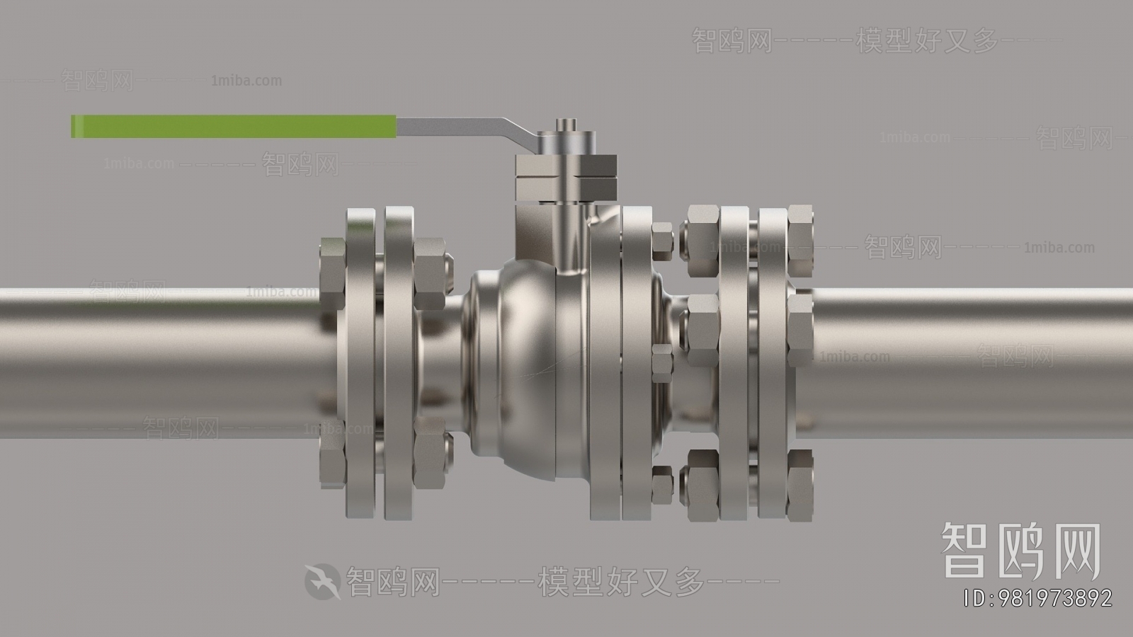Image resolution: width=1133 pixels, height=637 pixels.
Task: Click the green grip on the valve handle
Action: point(234,126)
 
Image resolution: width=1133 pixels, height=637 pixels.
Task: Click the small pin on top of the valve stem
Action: point(564,125)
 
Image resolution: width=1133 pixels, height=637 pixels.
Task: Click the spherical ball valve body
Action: point(510,368)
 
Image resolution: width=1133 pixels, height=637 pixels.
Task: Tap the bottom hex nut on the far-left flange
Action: point(333,464)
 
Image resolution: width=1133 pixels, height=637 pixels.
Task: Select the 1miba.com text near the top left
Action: point(246,81)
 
